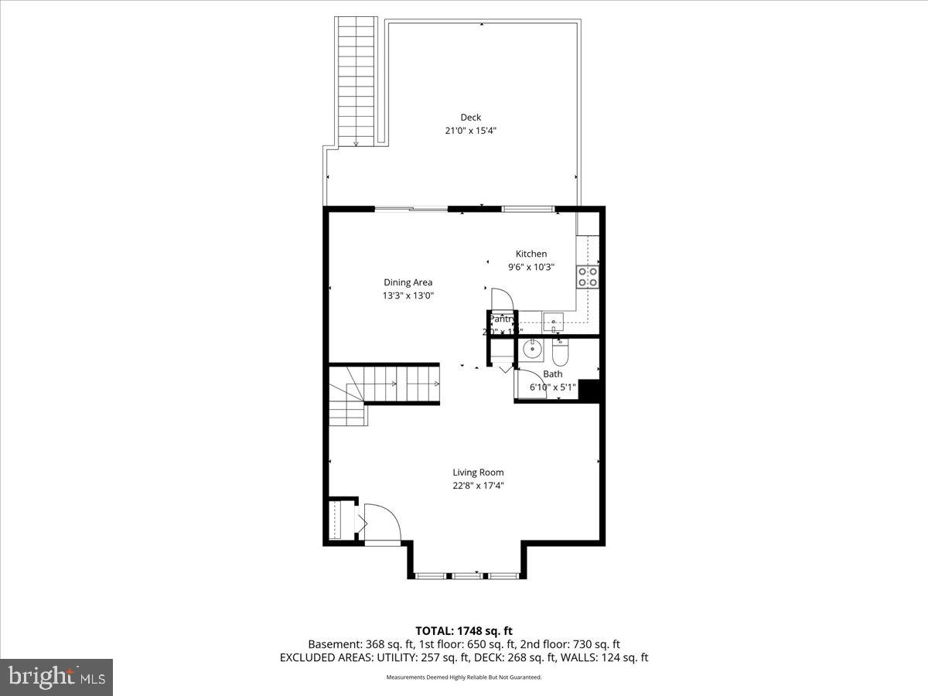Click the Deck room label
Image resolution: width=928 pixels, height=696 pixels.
click(470, 118)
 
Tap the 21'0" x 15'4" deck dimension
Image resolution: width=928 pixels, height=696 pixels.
click(470, 131)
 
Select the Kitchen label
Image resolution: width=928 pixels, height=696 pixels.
click(531, 254)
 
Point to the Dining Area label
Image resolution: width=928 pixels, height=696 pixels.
click(408, 282)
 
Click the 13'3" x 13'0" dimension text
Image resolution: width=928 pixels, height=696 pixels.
click(408, 295)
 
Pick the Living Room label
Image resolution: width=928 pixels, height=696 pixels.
click(478, 473)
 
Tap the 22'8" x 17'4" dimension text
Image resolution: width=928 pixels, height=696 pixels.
click(478, 486)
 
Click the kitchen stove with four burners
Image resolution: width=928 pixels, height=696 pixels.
click(588, 276)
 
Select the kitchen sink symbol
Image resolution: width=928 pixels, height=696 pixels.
click(553, 321)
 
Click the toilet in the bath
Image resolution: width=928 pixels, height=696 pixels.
click(561, 352)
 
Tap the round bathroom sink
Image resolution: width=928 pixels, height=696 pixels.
click(532, 350)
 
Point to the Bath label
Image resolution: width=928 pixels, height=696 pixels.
click(552, 374)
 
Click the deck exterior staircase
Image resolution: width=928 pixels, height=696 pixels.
click(356, 81)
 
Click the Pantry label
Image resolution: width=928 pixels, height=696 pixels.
click(501, 319)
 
